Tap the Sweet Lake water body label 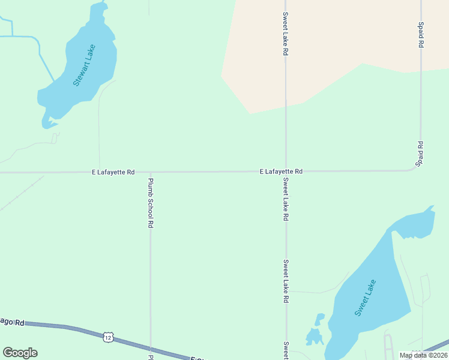tap(365, 298)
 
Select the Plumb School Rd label tap(151, 203)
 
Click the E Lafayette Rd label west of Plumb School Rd tap(113, 172)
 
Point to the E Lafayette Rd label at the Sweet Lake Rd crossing tap(281, 172)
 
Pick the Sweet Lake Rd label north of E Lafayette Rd tap(286, 34)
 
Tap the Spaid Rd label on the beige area tap(421, 35)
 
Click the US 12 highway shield tap(108, 338)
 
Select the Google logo tap(20, 353)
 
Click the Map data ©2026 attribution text tap(423, 355)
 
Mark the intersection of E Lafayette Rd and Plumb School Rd tap(150, 172)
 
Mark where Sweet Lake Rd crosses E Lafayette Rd tap(286, 172)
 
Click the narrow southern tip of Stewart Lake tap(46, 125)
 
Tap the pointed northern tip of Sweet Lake tap(431, 208)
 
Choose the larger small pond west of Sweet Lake tap(313, 337)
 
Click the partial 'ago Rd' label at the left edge tap(12, 323)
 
